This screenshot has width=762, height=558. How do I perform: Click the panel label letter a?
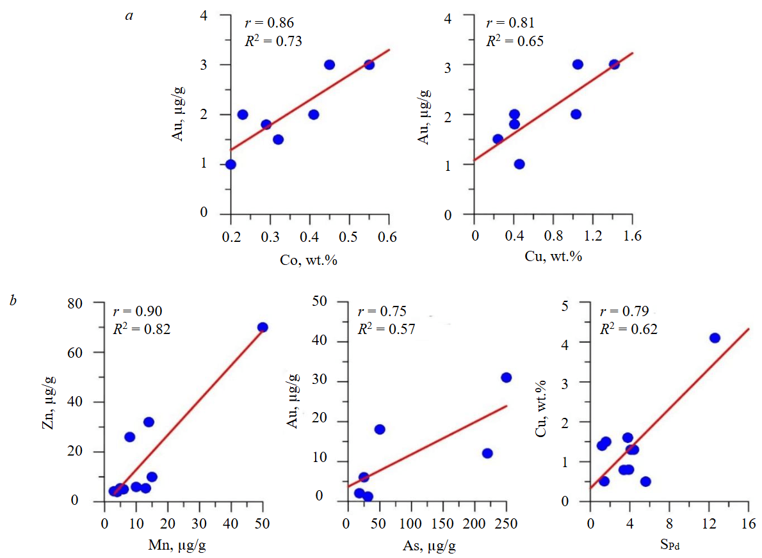click(129, 16)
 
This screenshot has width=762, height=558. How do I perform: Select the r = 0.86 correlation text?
click(269, 24)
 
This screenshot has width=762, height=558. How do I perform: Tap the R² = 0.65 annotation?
click(515, 41)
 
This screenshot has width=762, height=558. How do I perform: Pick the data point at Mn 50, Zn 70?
click(263, 327)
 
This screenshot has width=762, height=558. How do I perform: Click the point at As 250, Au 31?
click(507, 378)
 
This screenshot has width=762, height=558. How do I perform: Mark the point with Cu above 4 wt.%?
click(715, 338)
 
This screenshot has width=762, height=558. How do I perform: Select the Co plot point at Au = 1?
click(231, 164)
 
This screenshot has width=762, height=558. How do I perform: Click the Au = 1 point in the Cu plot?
click(519, 164)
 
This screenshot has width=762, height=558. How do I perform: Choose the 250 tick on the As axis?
click(507, 525)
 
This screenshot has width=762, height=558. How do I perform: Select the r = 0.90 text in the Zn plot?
click(137, 312)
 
